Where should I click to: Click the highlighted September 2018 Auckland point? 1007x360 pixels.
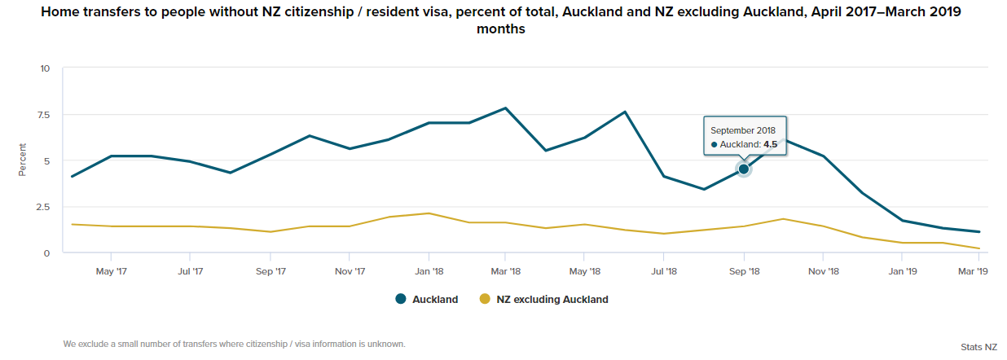point(743,169)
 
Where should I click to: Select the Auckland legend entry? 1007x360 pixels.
point(427,299)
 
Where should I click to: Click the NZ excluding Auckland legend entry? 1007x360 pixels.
point(543,299)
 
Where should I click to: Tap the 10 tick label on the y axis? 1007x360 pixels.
point(45,68)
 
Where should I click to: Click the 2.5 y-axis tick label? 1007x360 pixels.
point(43,207)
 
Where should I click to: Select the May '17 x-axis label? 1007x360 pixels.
point(111,271)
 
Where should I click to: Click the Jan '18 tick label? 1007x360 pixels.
point(429,271)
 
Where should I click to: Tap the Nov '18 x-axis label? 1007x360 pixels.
point(823,271)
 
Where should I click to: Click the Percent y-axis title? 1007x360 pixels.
point(23,160)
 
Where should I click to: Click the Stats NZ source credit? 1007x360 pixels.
point(978,347)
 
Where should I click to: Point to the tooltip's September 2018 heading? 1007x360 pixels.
point(743,130)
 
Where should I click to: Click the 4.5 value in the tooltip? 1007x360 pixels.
point(771,144)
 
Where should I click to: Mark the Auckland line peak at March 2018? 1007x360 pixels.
point(506,108)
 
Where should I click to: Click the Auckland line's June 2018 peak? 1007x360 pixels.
point(625,112)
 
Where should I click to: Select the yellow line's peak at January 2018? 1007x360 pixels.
point(429,213)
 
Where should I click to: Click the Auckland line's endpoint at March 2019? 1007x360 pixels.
point(978,232)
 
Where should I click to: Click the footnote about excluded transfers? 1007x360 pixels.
point(234,344)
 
